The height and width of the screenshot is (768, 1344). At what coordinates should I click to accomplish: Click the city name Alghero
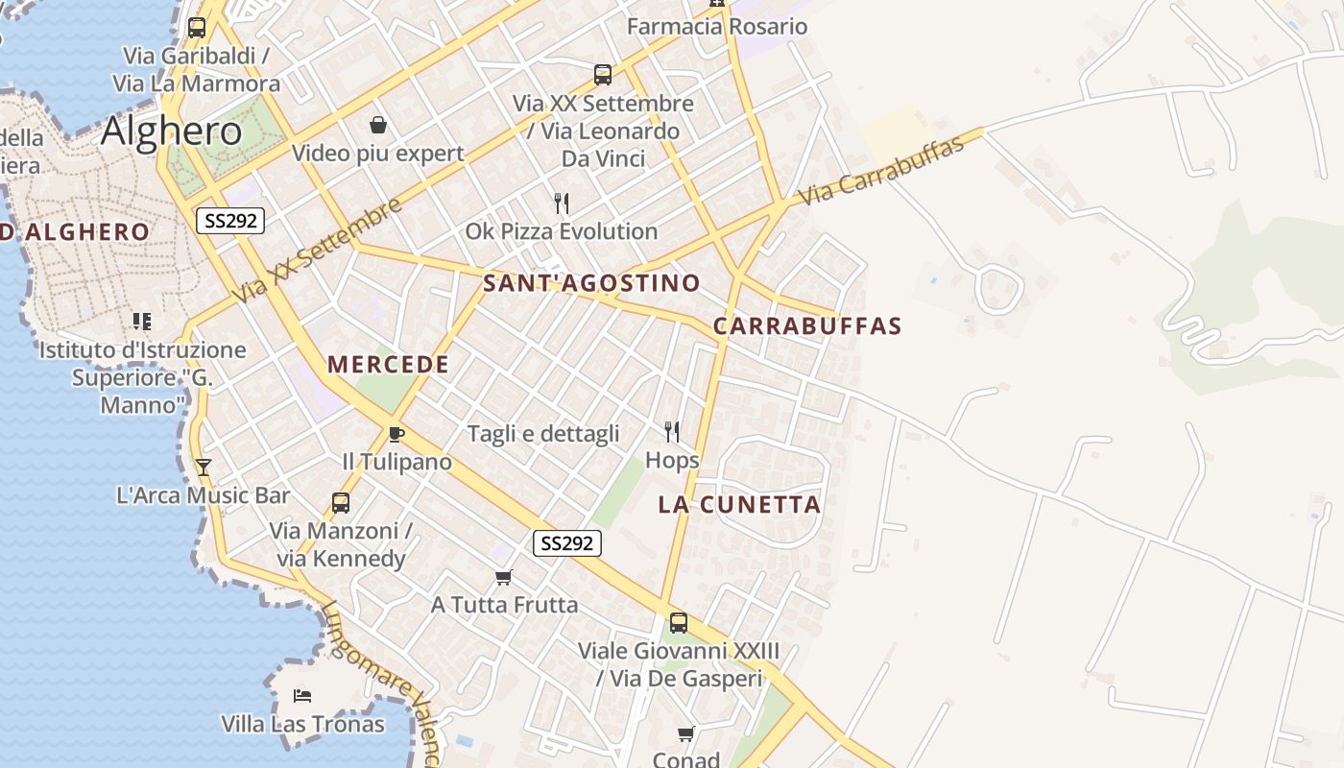(172, 132)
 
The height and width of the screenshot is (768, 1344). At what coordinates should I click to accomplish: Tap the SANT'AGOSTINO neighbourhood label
(591, 283)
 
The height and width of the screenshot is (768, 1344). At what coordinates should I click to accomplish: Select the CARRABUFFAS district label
(807, 326)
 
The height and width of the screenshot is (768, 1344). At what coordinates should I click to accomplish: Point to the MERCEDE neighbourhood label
(389, 365)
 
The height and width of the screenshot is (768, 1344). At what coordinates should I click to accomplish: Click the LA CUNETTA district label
(739, 505)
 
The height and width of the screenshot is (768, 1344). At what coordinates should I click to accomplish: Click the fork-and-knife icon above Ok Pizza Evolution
(562, 204)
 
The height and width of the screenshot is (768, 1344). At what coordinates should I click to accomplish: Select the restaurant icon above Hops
(672, 432)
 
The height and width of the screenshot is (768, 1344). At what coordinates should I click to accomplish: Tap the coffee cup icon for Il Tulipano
(396, 434)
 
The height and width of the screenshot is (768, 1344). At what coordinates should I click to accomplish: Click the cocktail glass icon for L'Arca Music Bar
(203, 468)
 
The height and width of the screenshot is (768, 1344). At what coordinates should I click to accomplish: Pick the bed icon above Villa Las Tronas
(302, 695)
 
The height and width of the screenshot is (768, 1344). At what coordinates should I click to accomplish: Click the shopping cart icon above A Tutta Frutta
(504, 577)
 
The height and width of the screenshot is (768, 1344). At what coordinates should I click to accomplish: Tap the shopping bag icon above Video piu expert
(378, 125)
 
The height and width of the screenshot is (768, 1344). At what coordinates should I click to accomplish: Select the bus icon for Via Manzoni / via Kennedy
(340, 502)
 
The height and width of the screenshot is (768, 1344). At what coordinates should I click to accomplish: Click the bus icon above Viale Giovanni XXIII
(679, 622)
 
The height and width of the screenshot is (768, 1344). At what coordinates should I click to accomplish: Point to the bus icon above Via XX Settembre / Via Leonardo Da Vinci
(603, 74)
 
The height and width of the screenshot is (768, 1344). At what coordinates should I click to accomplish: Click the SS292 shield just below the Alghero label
(230, 221)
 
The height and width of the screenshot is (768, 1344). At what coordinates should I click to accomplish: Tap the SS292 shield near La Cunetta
(567, 543)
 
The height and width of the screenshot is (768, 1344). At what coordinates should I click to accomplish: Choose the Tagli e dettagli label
(543, 434)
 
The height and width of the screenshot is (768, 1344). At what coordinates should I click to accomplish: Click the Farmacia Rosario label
(717, 27)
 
